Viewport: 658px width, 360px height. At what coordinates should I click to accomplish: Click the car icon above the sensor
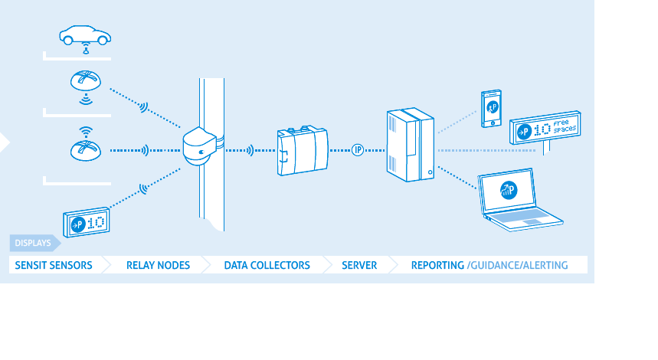click(84, 35)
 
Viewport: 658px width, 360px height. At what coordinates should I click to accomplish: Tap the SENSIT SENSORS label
click(51, 265)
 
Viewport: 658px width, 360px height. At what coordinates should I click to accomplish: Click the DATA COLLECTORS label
click(267, 265)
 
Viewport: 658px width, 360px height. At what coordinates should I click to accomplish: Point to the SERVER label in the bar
click(359, 265)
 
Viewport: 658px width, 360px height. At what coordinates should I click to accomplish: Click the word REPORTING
click(437, 265)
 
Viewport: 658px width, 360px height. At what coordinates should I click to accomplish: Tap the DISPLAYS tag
click(33, 244)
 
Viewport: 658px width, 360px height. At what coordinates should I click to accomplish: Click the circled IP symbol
click(358, 149)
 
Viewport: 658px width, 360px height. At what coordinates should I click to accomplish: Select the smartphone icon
click(490, 108)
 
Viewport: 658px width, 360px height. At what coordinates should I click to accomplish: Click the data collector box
click(302, 150)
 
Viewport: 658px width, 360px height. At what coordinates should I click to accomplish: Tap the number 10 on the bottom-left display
click(96, 224)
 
